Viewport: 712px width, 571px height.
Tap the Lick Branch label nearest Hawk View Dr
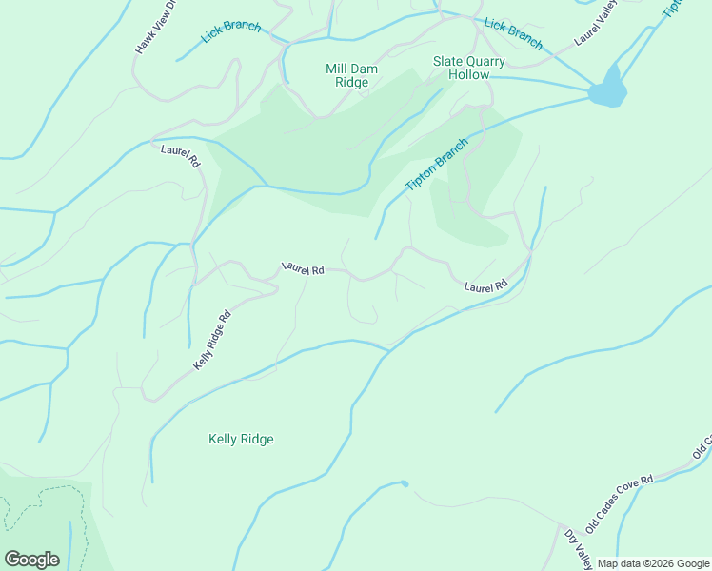(x=231, y=31)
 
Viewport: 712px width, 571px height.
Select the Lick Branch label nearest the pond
(x=513, y=33)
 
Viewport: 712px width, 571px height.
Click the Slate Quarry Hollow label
(x=469, y=68)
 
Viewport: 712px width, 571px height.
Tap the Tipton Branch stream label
(x=437, y=165)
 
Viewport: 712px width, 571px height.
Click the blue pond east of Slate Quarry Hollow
(x=608, y=89)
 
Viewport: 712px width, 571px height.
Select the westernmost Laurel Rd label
(x=181, y=156)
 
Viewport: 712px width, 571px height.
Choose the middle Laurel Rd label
(x=303, y=269)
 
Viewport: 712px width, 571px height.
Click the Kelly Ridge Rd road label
(x=212, y=341)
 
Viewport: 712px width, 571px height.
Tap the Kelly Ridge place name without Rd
(x=241, y=439)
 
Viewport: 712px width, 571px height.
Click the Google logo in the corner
(x=31, y=559)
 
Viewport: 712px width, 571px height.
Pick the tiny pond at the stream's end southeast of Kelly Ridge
(x=405, y=484)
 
